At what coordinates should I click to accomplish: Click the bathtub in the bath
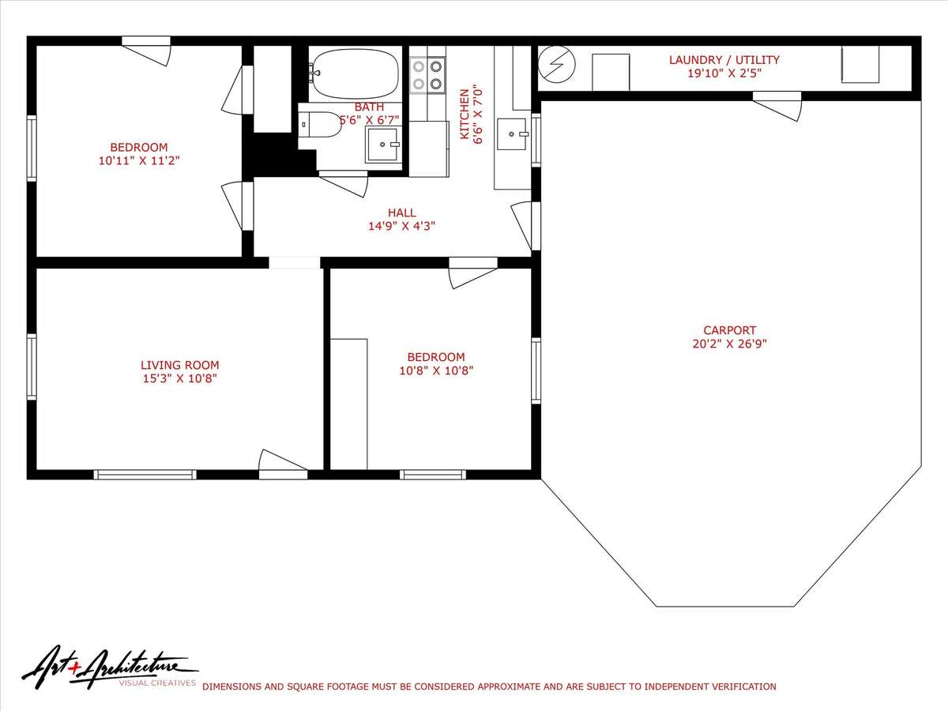[x=354, y=73]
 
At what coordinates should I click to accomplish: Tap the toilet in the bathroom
[x=321, y=125]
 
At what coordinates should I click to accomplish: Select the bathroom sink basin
[x=382, y=145]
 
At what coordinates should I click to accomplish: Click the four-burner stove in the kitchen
[x=427, y=75]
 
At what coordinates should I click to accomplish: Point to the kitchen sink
[x=512, y=134]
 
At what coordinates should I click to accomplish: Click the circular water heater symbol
[x=557, y=64]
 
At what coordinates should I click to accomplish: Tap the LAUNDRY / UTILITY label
[x=724, y=60]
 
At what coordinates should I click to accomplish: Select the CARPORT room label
[x=729, y=330]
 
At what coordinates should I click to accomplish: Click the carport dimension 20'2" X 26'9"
[x=729, y=344]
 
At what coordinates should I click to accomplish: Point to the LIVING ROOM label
[x=179, y=365]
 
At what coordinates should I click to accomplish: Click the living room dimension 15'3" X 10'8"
[x=179, y=378]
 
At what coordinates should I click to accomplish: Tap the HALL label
[x=401, y=213]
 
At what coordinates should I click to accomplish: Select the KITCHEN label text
[x=465, y=114]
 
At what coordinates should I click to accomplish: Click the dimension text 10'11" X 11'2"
[x=139, y=160]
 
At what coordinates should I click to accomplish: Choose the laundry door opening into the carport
[x=777, y=106]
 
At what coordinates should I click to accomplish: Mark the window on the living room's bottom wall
[x=145, y=475]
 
